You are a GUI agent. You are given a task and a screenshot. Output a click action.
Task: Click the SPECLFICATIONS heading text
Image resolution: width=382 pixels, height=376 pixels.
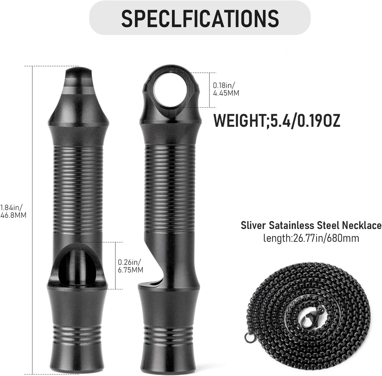click(x=200, y=18)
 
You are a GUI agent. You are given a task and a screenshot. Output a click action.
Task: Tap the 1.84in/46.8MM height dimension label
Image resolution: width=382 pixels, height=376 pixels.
click(x=13, y=211)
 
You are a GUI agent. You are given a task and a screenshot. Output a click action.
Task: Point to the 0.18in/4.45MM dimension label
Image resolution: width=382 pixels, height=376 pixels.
click(x=226, y=89)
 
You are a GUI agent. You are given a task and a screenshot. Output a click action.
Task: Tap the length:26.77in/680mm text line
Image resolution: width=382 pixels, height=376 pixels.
click(x=311, y=238)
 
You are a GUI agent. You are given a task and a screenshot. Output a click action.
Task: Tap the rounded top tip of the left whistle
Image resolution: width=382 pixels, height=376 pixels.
click(x=78, y=75)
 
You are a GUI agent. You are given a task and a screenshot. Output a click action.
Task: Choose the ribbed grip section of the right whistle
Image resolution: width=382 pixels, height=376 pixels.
click(x=170, y=187)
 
